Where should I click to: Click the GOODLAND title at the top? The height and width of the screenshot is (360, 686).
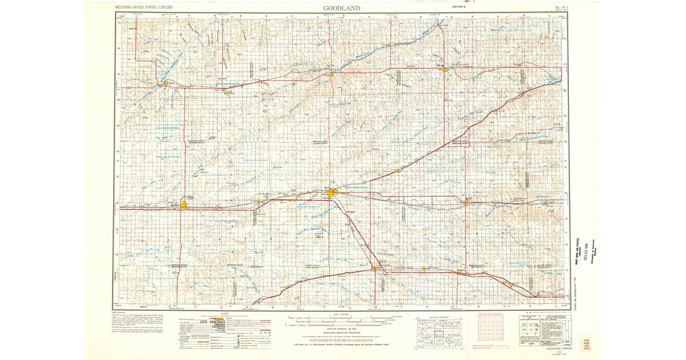tap(342, 7)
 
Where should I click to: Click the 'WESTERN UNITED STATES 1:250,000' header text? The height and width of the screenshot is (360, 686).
tap(145, 7)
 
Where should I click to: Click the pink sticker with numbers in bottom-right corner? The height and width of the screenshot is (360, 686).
tap(585, 343)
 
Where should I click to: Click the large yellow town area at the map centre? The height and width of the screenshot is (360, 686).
tap(333, 194)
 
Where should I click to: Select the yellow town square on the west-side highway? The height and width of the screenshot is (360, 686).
tap(184, 204)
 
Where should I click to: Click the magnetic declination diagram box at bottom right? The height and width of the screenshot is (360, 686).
tap(531, 330)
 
